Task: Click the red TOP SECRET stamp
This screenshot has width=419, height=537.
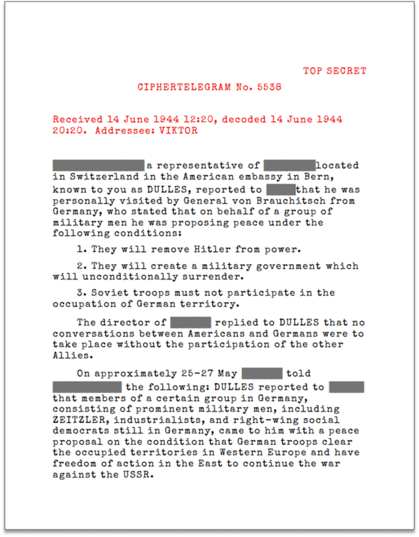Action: [x=335, y=71]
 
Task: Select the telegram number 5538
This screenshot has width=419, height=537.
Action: [x=269, y=87]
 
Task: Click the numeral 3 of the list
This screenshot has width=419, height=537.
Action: [x=80, y=292]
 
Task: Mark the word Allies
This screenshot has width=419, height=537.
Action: [x=71, y=356]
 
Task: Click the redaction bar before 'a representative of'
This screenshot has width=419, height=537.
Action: [x=99, y=165]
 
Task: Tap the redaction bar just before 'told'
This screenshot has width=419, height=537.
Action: [x=262, y=373]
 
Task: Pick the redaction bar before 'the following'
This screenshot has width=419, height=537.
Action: [x=87, y=388]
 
